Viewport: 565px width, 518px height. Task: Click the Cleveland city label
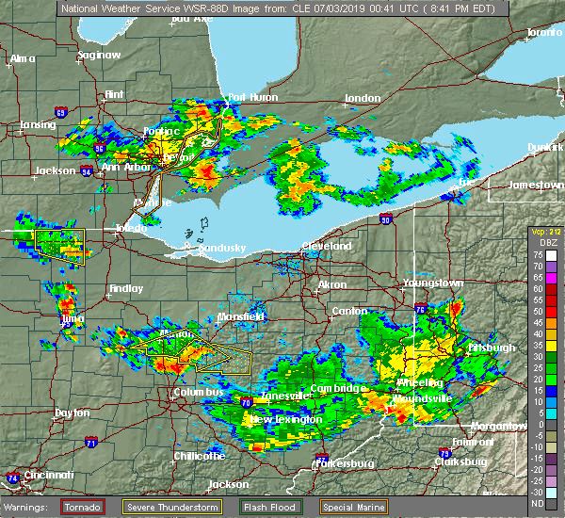click(x=327, y=246)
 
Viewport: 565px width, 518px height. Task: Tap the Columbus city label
click(x=199, y=392)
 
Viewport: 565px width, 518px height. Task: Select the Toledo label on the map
click(x=131, y=228)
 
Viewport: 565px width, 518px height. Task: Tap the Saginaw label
click(x=99, y=55)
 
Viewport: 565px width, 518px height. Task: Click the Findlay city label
click(x=125, y=288)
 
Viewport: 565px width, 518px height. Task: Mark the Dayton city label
click(x=73, y=413)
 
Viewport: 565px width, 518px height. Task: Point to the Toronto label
click(x=543, y=32)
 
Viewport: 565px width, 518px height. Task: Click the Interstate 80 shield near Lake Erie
click(x=386, y=219)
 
